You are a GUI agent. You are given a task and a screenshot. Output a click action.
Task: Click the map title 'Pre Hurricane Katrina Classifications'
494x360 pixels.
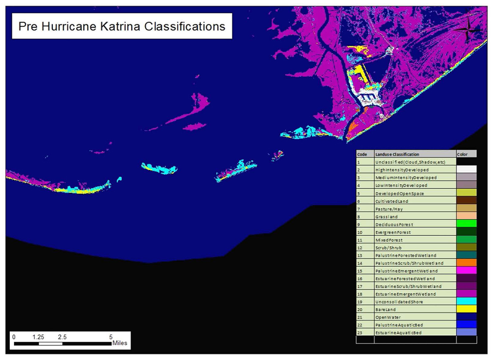122,26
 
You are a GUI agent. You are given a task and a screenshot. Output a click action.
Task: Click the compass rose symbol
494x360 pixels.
468,30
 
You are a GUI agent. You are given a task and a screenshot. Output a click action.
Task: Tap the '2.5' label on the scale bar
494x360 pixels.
62,337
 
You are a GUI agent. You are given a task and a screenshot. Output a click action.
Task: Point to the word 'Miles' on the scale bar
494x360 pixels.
120,343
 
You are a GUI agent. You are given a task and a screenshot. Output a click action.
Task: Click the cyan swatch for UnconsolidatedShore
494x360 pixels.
466,301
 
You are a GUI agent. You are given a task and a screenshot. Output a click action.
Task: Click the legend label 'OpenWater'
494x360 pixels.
388,317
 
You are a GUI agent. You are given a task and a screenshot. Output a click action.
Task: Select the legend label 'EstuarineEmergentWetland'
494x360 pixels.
406,294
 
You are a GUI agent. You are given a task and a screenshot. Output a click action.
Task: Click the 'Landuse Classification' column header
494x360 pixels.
397,154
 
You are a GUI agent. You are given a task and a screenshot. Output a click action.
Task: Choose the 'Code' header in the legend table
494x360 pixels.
362,154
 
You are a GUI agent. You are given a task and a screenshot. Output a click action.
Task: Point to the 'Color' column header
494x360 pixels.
462,154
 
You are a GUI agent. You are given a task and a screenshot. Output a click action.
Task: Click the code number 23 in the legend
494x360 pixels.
360,333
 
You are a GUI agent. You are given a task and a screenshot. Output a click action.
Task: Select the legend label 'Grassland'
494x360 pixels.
387,217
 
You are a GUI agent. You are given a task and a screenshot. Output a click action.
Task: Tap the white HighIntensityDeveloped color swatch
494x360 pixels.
466,169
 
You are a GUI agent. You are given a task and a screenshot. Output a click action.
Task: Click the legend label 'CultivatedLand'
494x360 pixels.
392,201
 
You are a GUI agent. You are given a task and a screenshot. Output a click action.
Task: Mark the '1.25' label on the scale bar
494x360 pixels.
38,337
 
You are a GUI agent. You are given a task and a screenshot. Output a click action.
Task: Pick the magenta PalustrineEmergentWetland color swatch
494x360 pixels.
466,270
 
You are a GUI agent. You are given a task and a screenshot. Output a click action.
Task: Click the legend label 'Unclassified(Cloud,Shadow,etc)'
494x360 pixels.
410,162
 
